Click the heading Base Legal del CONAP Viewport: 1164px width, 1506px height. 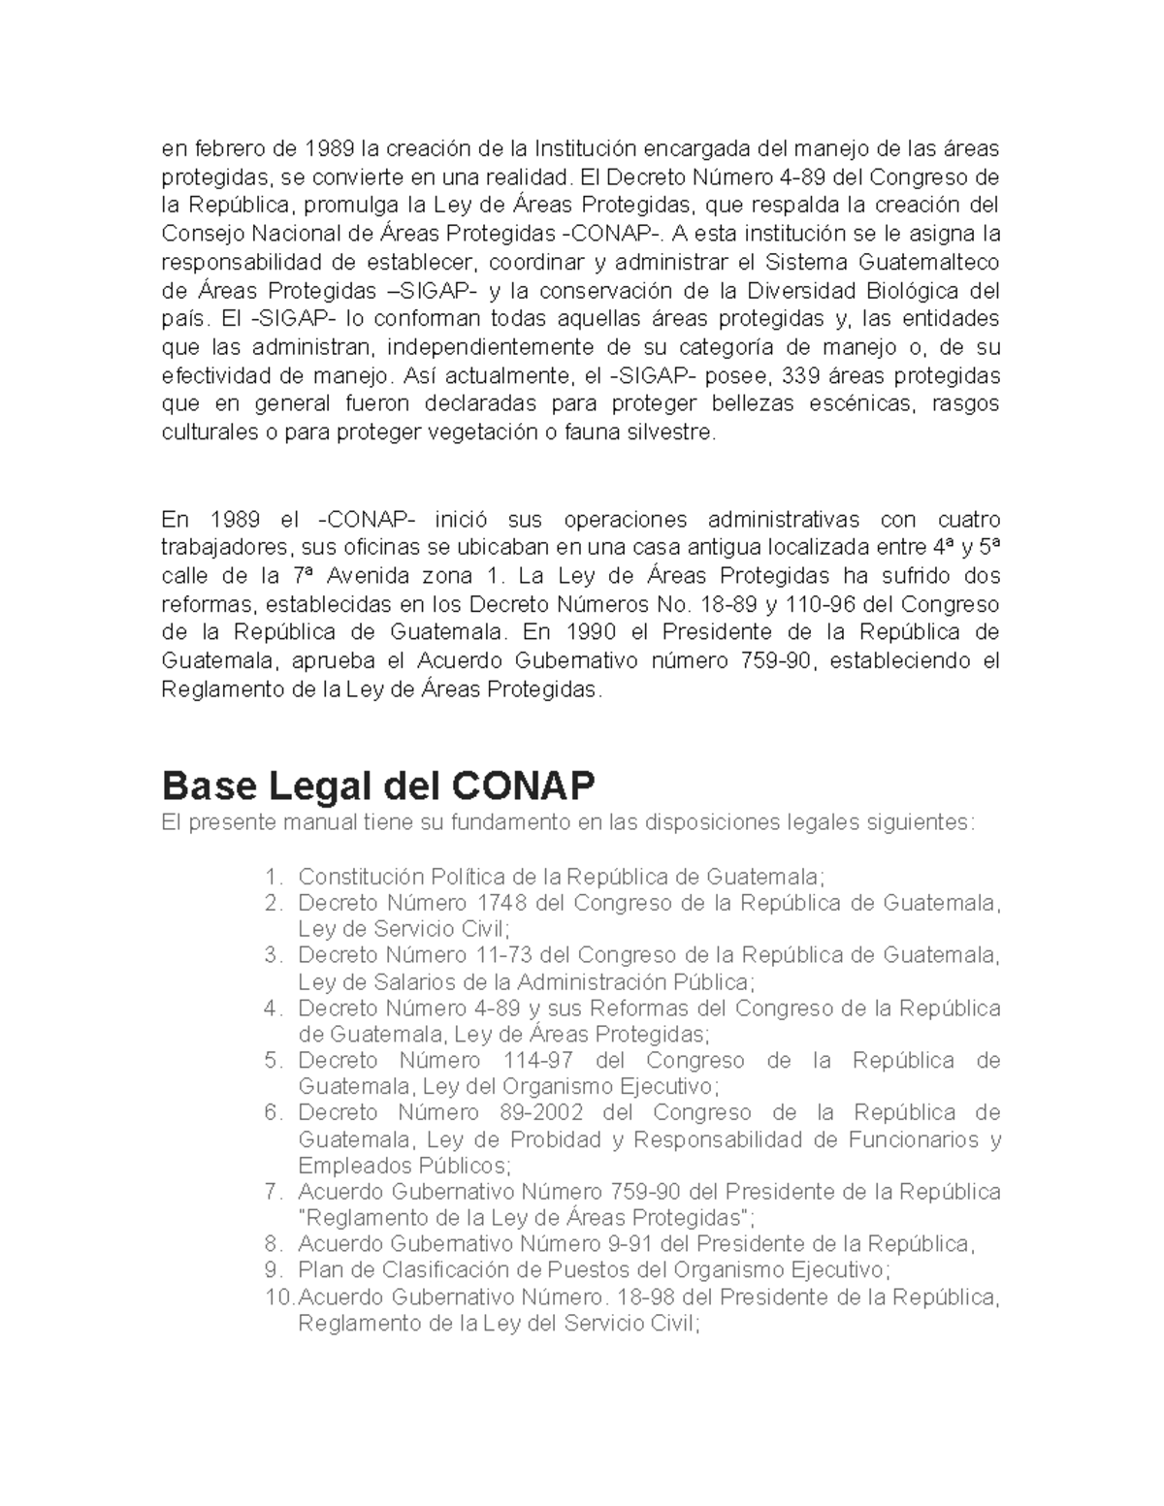[x=377, y=784]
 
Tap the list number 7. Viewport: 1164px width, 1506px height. [x=273, y=1191]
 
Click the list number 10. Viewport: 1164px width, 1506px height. [x=276, y=1297]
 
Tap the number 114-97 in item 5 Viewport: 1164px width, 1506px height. [x=538, y=1060]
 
